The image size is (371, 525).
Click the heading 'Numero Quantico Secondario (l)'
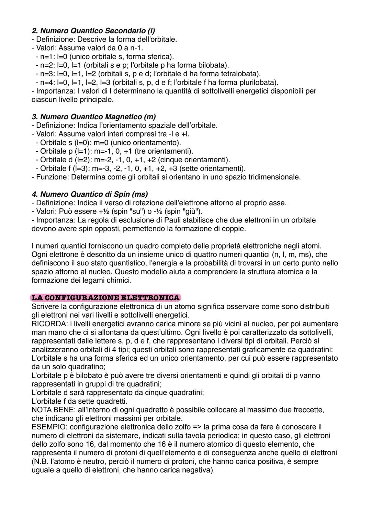(x=93, y=31)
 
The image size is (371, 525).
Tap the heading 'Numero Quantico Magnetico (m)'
(x=93, y=117)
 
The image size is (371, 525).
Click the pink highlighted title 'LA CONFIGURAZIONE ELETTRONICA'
(x=105, y=298)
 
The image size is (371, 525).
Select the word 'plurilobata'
(x=258, y=83)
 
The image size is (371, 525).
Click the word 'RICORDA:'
(x=47, y=324)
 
